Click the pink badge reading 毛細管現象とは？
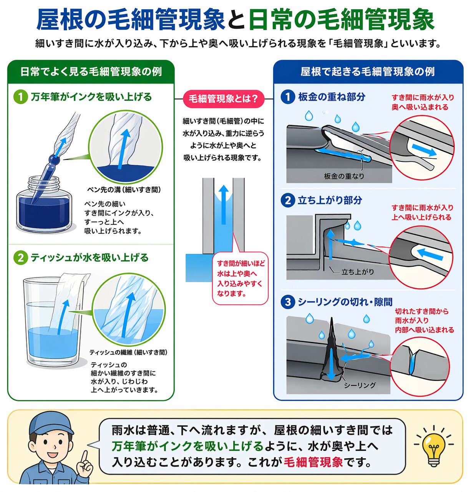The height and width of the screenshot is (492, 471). click(x=223, y=99)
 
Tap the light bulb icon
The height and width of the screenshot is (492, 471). click(x=433, y=447)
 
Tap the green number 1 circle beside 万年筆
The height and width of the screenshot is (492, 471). click(x=21, y=97)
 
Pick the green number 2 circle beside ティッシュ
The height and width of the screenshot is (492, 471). click(x=21, y=258)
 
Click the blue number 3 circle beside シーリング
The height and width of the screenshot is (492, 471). click(x=288, y=302)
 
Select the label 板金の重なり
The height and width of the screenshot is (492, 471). click(x=344, y=176)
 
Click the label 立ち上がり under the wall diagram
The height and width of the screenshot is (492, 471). click(x=358, y=272)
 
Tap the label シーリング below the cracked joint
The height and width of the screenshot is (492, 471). click(x=360, y=385)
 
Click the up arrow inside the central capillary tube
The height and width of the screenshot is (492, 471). click(x=223, y=205)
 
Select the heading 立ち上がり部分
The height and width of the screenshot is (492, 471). click(x=330, y=200)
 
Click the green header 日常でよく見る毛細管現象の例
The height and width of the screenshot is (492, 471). click(x=91, y=72)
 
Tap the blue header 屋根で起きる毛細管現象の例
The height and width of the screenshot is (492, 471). click(x=368, y=72)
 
